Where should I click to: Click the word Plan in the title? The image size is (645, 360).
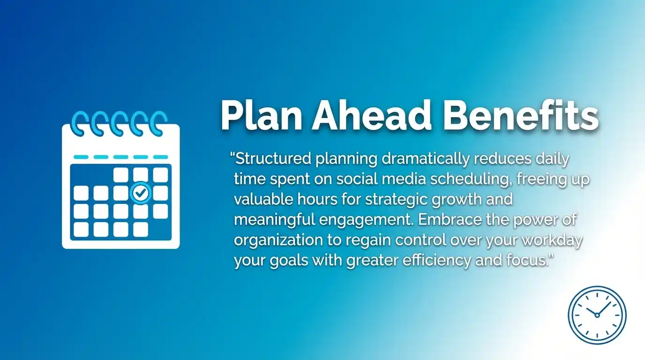(260, 115)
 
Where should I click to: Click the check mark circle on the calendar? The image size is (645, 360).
(141, 192)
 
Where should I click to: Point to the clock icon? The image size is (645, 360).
(597, 315)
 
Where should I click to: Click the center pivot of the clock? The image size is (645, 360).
(597, 315)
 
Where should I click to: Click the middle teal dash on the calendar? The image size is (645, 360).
(120, 157)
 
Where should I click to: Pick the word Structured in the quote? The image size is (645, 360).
(273, 159)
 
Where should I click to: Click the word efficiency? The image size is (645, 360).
(431, 261)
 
